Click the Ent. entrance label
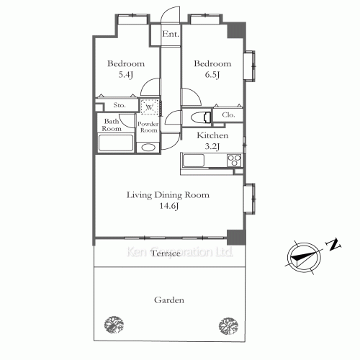coord(171,34)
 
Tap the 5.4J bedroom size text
coord(126,75)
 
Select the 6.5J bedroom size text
coord(212,75)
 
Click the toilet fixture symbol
coord(201,117)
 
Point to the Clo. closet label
coord(228,115)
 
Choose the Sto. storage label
coord(120,105)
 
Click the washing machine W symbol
coord(149,107)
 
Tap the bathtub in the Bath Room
coord(116,143)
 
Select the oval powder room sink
coord(148,148)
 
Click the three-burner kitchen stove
coord(234,161)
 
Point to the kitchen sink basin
coord(194,161)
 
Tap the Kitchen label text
coord(212,135)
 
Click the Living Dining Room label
coord(168,195)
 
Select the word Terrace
coord(166,253)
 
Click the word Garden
coord(169,300)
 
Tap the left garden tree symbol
coord(114,325)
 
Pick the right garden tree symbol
coord(228,325)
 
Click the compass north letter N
coord(333,245)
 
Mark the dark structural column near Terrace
coord(236,237)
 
